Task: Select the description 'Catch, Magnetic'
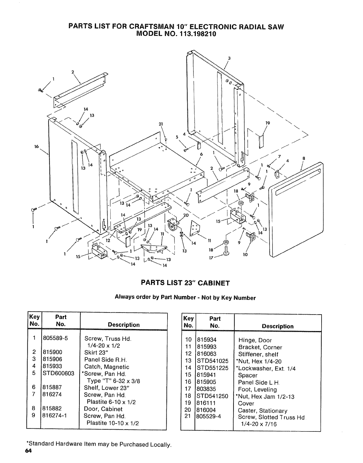(x=107, y=367)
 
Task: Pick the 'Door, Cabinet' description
(x=103, y=409)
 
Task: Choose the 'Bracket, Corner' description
(x=260, y=348)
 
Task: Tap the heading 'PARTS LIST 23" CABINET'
(x=185, y=283)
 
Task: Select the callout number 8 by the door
(x=303, y=158)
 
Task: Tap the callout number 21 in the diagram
(x=160, y=124)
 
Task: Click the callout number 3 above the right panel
(x=229, y=58)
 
